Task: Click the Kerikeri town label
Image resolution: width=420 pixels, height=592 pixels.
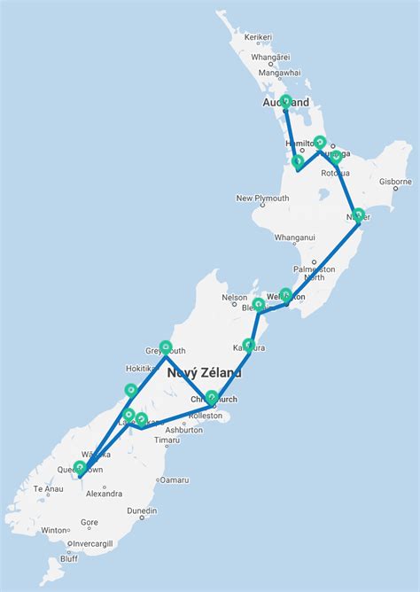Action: click(258, 36)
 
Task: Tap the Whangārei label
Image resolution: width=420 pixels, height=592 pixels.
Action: click(270, 57)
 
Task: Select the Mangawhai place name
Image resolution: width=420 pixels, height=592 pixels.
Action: click(280, 73)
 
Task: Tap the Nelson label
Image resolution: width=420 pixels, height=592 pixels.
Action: click(235, 298)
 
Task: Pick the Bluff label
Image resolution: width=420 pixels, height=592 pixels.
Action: click(69, 558)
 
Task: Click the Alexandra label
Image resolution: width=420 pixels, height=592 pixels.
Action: click(104, 494)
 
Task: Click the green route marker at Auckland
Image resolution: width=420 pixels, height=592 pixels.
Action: click(285, 101)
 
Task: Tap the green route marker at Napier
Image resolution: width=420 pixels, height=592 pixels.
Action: click(358, 214)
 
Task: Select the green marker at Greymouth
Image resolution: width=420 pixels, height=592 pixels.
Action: click(166, 347)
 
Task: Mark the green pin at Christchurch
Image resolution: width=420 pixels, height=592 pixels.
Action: click(212, 397)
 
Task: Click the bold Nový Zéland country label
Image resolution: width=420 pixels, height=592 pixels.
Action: click(204, 374)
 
